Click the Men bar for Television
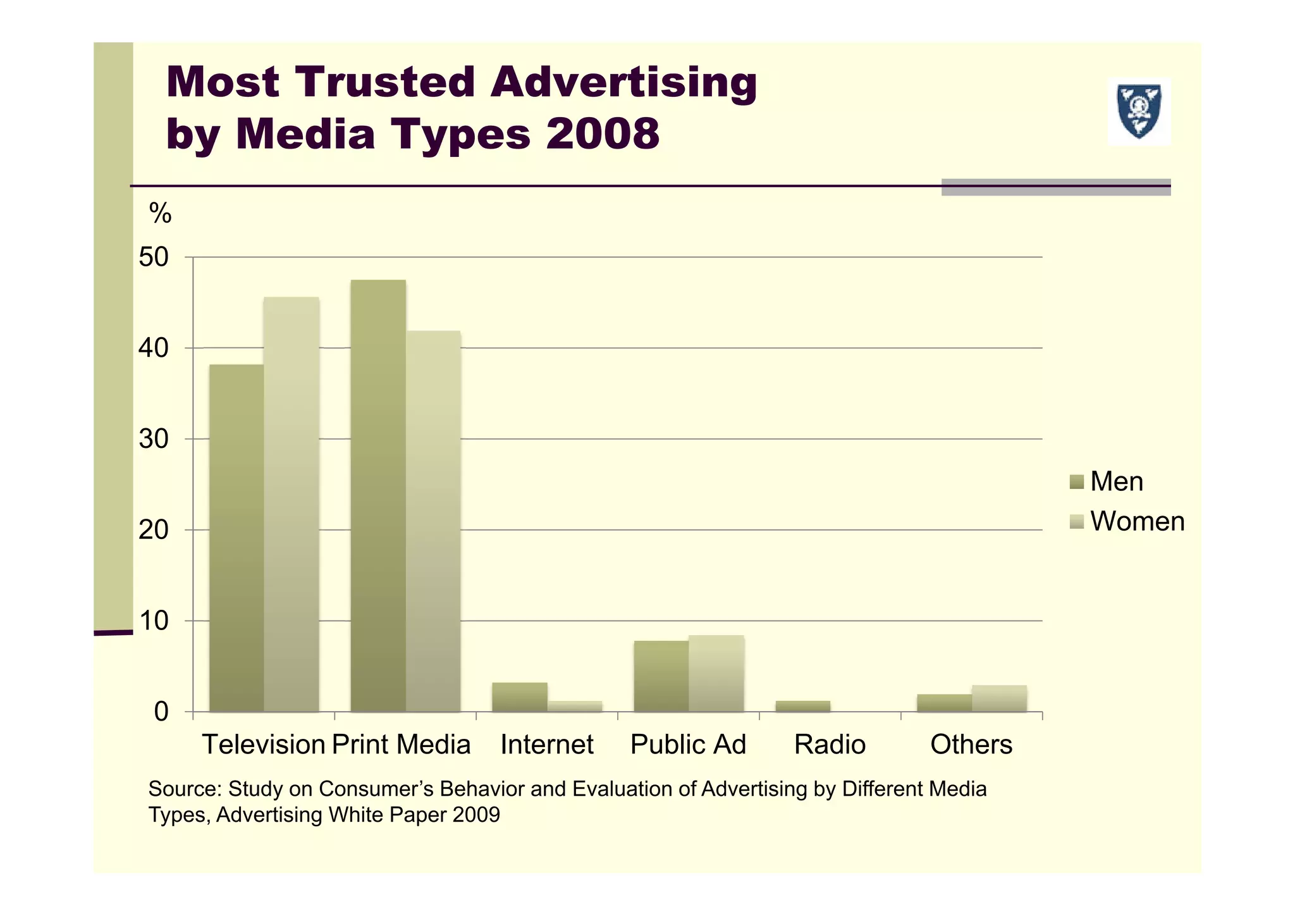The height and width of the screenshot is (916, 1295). coord(236,538)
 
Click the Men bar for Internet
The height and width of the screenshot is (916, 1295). coord(519,696)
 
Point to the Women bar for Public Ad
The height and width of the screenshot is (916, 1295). coord(716,673)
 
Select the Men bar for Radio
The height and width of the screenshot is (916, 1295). coord(802,706)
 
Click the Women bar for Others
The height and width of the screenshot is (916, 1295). coord(999,698)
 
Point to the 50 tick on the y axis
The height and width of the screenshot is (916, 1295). coord(154,257)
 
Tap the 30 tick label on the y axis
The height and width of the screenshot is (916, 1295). coord(154,439)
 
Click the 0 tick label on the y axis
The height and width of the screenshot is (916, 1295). coord(161,712)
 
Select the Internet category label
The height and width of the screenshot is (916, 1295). coord(546,745)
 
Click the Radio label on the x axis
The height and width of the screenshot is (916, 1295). coord(830,745)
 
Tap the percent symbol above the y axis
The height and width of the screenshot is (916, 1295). coord(160,214)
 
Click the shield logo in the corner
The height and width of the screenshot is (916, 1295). coord(1139,111)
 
